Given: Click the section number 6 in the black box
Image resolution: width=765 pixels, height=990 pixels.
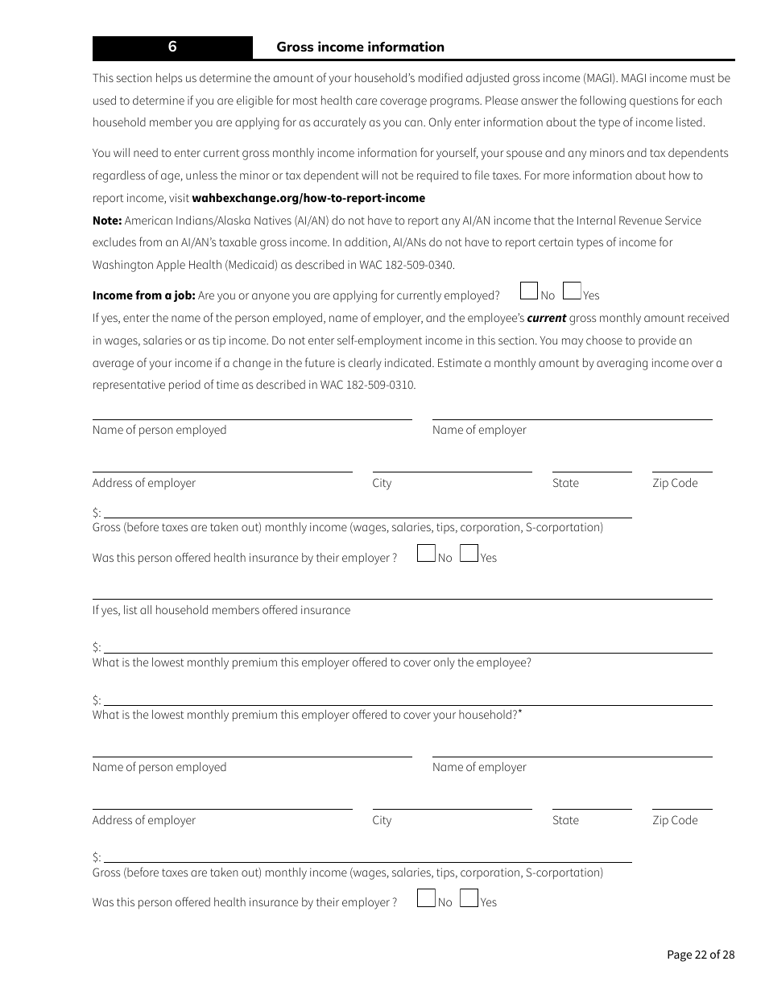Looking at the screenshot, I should point(172,47).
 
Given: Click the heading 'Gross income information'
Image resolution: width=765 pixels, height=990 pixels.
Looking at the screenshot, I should point(360,47).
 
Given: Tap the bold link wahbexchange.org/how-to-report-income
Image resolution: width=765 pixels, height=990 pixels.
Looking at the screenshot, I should point(308,198).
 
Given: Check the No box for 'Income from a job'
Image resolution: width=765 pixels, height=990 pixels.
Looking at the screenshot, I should point(529,291).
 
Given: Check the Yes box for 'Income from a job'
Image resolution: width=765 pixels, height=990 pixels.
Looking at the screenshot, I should point(572,291).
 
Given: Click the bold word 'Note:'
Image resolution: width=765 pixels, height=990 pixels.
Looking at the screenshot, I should point(107,221).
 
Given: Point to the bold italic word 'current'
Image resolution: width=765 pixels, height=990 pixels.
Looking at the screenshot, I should point(546,318).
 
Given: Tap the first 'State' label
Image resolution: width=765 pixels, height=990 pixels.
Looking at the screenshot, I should point(565,483).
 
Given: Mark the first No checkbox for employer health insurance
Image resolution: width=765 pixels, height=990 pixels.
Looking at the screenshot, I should point(426,553).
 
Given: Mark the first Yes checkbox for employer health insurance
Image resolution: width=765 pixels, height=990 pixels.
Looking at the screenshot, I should point(469,553).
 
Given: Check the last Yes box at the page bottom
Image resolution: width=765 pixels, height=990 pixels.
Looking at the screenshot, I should point(469,897).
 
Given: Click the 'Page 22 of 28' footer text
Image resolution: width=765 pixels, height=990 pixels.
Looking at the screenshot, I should point(701,955).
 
